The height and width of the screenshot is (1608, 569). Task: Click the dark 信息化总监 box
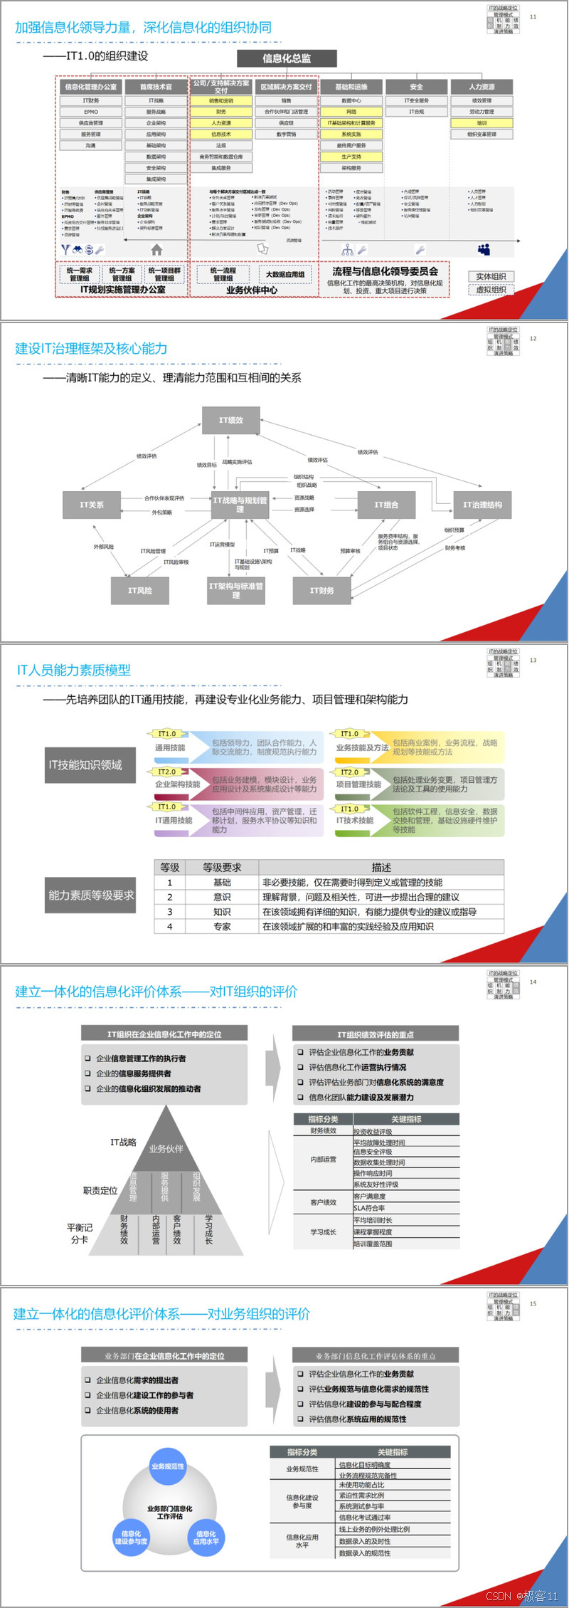pyautogui.click(x=287, y=58)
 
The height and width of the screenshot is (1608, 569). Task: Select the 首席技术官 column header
pyautogui.click(x=156, y=87)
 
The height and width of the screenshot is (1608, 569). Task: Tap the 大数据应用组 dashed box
pyautogui.click(x=284, y=274)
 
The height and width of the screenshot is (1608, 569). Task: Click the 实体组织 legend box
pyautogui.click(x=491, y=276)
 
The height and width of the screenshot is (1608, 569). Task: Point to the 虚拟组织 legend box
pyautogui.click(x=491, y=290)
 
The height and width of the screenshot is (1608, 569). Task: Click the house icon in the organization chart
pyautogui.click(x=156, y=250)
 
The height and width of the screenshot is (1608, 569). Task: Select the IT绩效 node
pyautogui.click(x=231, y=421)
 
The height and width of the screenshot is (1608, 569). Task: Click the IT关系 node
pyautogui.click(x=92, y=505)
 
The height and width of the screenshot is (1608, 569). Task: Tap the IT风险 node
pyautogui.click(x=140, y=590)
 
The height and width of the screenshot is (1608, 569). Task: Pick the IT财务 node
pyautogui.click(x=321, y=590)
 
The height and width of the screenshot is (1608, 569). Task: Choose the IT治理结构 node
pyautogui.click(x=482, y=505)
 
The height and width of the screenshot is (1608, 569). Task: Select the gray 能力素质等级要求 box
pyautogui.click(x=90, y=895)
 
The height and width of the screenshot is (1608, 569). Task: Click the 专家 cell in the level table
pyautogui.click(x=222, y=927)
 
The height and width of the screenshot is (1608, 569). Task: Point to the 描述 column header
pyautogui.click(x=381, y=868)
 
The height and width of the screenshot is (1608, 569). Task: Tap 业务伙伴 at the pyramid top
pyautogui.click(x=166, y=1149)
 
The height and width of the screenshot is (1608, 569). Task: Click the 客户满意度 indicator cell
pyautogui.click(x=370, y=1197)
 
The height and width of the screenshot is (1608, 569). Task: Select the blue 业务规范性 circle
pyautogui.click(x=168, y=1466)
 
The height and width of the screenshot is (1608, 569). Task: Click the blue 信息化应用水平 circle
pyautogui.click(x=206, y=1538)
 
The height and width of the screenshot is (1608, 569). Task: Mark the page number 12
pyautogui.click(x=533, y=339)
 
